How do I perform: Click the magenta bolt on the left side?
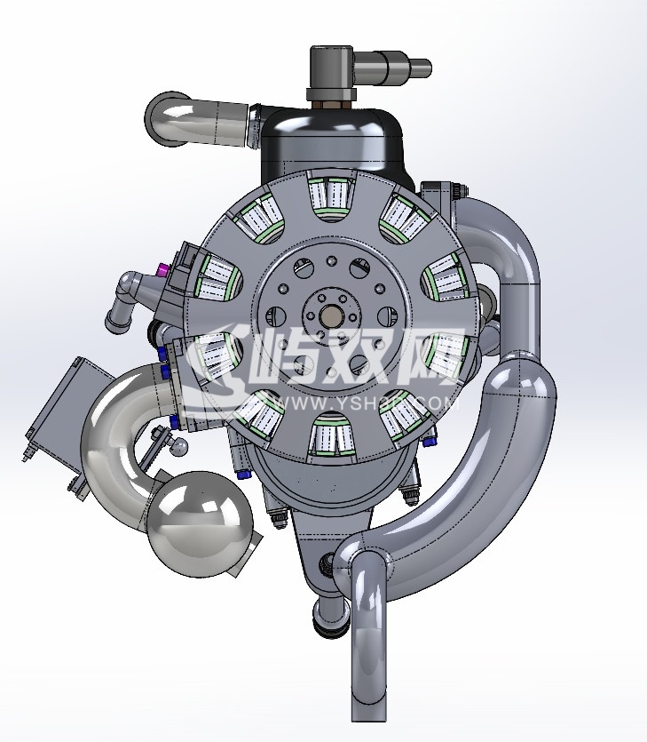[x=162, y=269]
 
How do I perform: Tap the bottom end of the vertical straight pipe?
[x=370, y=711]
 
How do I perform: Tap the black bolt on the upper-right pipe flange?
[x=459, y=189]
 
